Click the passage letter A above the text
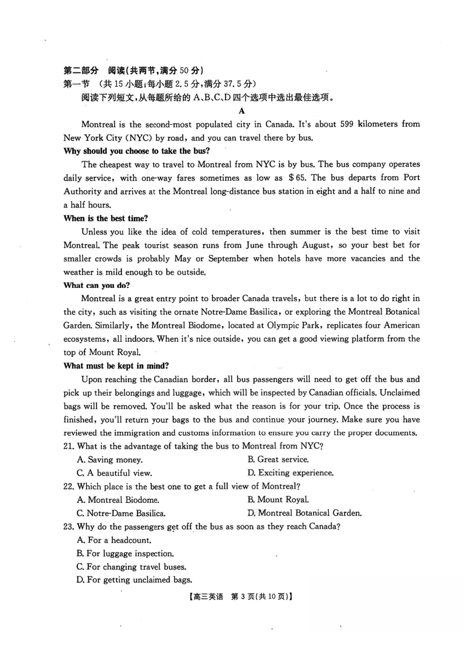pyautogui.click(x=241, y=111)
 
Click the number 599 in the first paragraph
pyautogui.click(x=346, y=124)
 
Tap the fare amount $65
pyautogui.click(x=297, y=178)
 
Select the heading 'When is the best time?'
pyautogui.click(x=106, y=218)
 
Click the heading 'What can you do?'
pyautogui.click(x=96, y=285)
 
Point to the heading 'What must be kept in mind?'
pyautogui.click(x=116, y=366)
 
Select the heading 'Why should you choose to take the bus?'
pyautogui.click(x=137, y=151)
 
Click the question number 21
pyautogui.click(x=69, y=446)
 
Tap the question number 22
pyautogui.click(x=69, y=486)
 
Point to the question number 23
pyautogui.click(x=69, y=527)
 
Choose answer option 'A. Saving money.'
pyautogui.click(x=110, y=460)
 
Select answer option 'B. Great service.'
pyautogui.click(x=278, y=459)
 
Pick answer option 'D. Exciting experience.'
pyautogui.click(x=290, y=473)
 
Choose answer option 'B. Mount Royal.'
pyautogui.click(x=278, y=500)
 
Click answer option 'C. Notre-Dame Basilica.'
pyautogui.click(x=121, y=514)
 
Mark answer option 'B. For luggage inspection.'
pyautogui.click(x=125, y=554)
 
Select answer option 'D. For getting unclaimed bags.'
pyautogui.click(x=134, y=580)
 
